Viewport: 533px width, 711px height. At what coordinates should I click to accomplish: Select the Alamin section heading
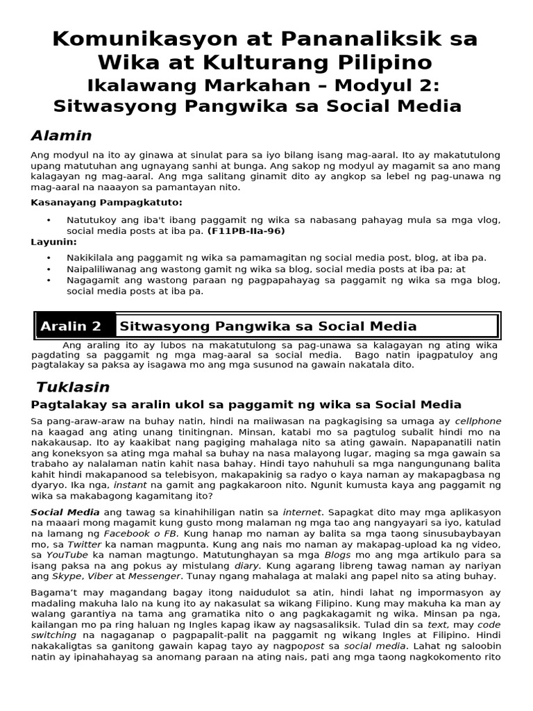click(x=62, y=135)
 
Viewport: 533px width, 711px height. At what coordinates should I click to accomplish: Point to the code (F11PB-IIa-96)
click(x=246, y=231)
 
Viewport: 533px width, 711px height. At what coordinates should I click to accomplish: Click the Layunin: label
click(x=54, y=242)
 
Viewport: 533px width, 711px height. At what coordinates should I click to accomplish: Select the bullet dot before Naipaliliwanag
click(x=49, y=269)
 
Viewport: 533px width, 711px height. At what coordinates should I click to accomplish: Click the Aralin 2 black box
click(x=71, y=326)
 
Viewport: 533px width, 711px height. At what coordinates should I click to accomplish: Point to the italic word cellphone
click(x=478, y=421)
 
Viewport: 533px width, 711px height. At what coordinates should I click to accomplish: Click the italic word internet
click(x=302, y=512)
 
